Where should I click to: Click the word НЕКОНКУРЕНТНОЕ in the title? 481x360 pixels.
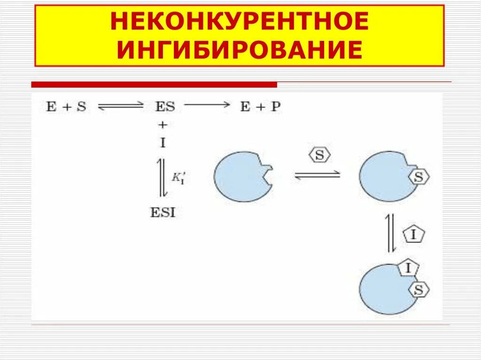239,23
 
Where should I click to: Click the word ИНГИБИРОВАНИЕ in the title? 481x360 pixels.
239,50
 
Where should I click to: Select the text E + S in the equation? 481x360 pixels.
66,107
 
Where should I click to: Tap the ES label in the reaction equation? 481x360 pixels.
164,107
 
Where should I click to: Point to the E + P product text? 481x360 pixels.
260,107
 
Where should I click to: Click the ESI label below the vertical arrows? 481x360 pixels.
163,213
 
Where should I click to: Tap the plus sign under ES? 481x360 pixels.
163,125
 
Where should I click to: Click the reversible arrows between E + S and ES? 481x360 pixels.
121,107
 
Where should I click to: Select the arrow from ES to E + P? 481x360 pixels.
207,105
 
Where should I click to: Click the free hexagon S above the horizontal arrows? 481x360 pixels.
319,155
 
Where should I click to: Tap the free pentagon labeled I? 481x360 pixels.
413,235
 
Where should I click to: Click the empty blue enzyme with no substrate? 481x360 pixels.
242,176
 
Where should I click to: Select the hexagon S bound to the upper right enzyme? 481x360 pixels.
419,177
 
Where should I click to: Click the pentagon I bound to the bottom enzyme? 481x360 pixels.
408,268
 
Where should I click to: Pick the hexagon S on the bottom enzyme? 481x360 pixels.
419,290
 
